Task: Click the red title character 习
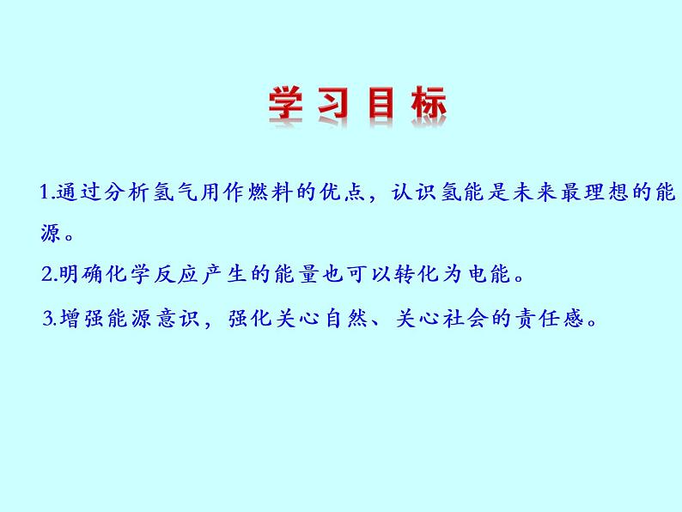[333, 103]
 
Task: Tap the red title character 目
[381, 103]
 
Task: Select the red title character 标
[429, 103]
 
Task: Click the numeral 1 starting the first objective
[44, 192]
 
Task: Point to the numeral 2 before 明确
[47, 274]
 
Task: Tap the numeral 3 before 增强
[48, 319]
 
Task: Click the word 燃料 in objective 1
[269, 192]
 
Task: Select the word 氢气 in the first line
[174, 192]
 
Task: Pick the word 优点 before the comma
[342, 192]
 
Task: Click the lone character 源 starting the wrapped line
[51, 233]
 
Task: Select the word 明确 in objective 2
[81, 274]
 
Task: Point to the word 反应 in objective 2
[176, 274]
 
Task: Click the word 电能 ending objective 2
[490, 274]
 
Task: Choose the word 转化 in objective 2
[417, 274]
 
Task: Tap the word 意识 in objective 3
[179, 319]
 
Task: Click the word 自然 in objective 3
[347, 319]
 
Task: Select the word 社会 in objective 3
[466, 319]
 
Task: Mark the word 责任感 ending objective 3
[549, 319]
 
